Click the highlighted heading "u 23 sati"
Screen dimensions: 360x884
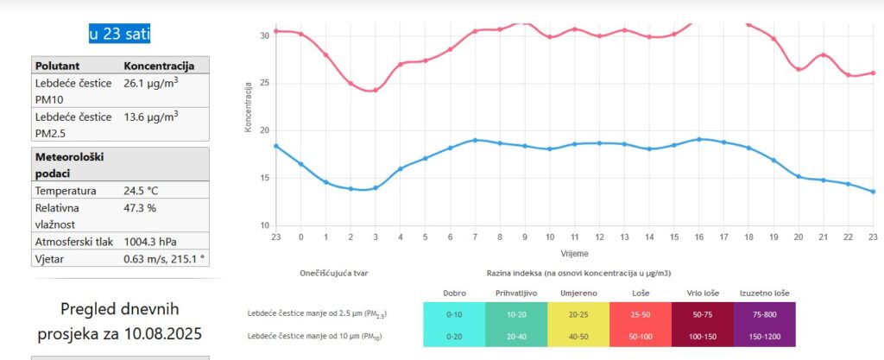pyautogui.click(x=120, y=34)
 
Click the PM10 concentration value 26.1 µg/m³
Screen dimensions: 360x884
pyautogui.click(x=151, y=83)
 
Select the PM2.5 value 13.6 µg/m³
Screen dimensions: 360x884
pyautogui.click(x=151, y=117)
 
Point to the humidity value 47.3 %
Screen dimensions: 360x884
pyautogui.click(x=140, y=208)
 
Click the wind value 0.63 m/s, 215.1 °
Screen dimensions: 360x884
pyautogui.click(x=164, y=257)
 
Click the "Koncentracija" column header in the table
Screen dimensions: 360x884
pyautogui.click(x=160, y=66)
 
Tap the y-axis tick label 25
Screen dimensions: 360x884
pyautogui.click(x=264, y=84)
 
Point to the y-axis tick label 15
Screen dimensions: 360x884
pyautogui.click(x=264, y=179)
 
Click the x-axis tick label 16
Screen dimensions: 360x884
pyautogui.click(x=698, y=237)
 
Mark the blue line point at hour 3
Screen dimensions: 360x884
pyautogui.click(x=375, y=188)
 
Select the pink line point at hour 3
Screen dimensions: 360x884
pyautogui.click(x=375, y=90)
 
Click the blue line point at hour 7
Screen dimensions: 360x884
pyautogui.click(x=475, y=140)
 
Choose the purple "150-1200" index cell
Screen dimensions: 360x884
pyautogui.click(x=764, y=336)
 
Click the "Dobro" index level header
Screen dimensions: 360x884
pyautogui.click(x=454, y=293)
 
